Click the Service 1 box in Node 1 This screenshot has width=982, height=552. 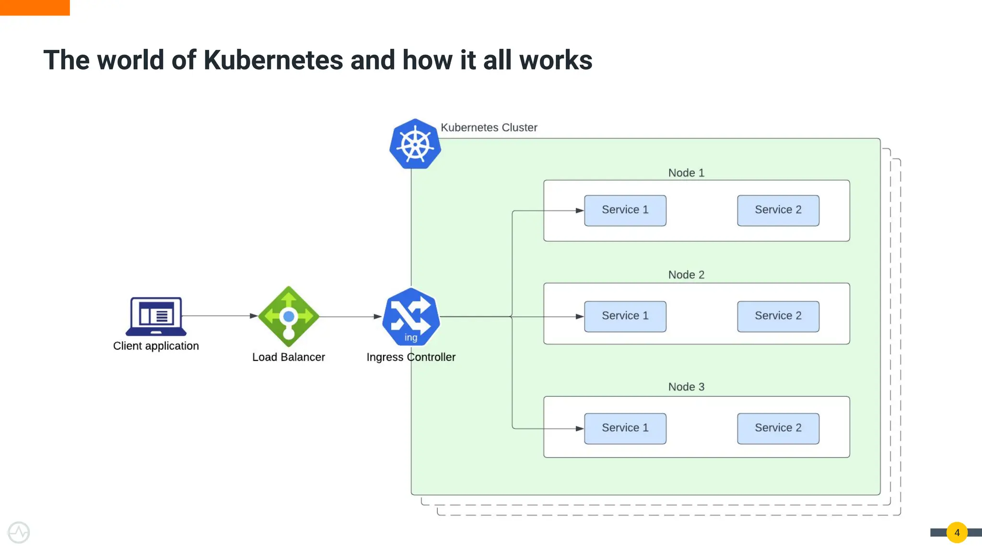click(625, 210)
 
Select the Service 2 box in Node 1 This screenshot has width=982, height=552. click(778, 210)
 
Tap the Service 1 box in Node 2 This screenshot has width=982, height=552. click(625, 316)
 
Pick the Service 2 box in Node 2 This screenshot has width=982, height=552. click(778, 316)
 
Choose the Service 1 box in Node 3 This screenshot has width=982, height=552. click(625, 428)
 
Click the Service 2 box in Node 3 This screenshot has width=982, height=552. click(778, 428)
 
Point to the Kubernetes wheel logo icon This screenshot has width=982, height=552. click(415, 144)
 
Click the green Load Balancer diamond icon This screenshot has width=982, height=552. click(289, 316)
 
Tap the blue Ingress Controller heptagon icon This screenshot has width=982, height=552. click(411, 317)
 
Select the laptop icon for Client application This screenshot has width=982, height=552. click(156, 316)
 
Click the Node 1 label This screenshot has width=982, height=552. click(686, 173)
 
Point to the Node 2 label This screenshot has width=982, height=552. click(686, 275)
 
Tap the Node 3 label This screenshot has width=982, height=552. click(686, 387)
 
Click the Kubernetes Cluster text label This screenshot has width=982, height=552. click(489, 127)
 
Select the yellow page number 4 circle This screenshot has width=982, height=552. click(957, 532)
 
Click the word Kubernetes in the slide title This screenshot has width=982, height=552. click(273, 60)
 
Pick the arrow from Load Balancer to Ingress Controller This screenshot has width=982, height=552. click(350, 316)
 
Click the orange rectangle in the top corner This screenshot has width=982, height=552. click(35, 7)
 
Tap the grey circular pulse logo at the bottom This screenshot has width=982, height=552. click(19, 532)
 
